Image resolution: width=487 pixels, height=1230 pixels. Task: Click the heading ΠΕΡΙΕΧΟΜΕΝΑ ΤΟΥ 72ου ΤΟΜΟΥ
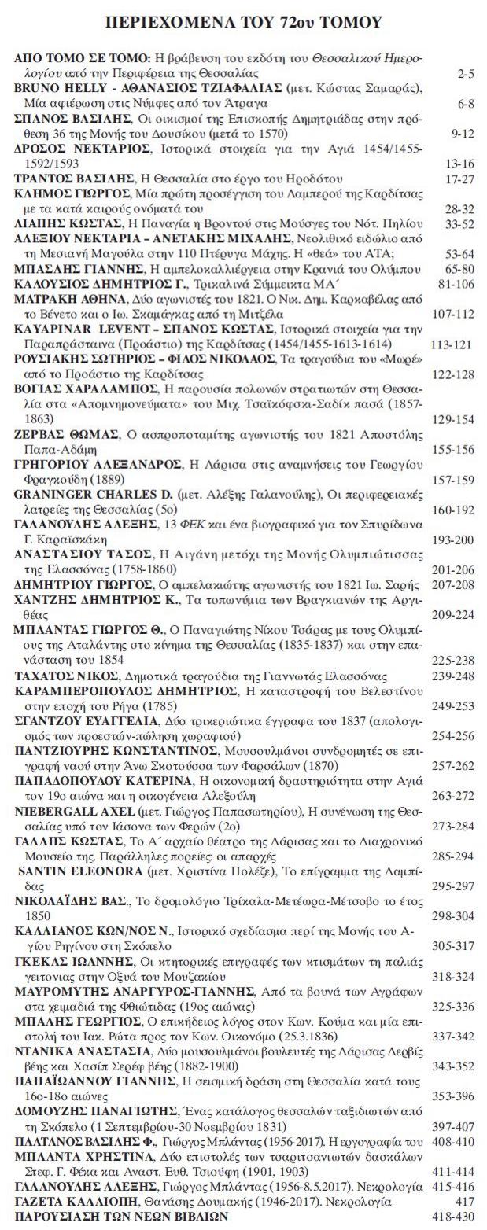pos(243,23)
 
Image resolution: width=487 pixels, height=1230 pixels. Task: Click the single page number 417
pos(464,1200)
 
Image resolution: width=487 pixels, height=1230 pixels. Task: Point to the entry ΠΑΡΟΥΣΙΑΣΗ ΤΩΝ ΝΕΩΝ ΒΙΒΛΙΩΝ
pos(121,1215)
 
